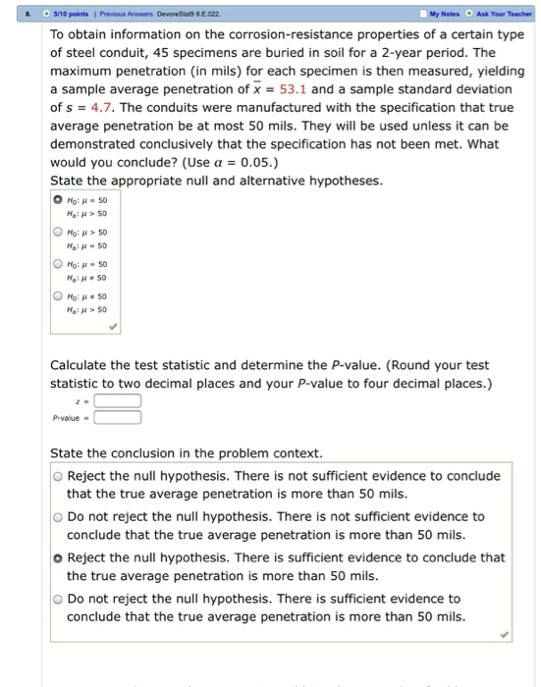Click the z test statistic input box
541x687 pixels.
coord(118,400)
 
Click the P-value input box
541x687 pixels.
coord(118,416)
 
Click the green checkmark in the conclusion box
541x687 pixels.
coord(504,634)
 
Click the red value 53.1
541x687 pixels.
coord(298,90)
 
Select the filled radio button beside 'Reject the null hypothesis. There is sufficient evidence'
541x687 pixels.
coord(59,557)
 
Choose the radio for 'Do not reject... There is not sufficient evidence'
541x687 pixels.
coord(59,516)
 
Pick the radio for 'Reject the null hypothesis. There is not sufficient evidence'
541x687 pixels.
coord(59,476)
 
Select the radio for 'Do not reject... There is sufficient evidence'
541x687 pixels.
coord(59,599)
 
